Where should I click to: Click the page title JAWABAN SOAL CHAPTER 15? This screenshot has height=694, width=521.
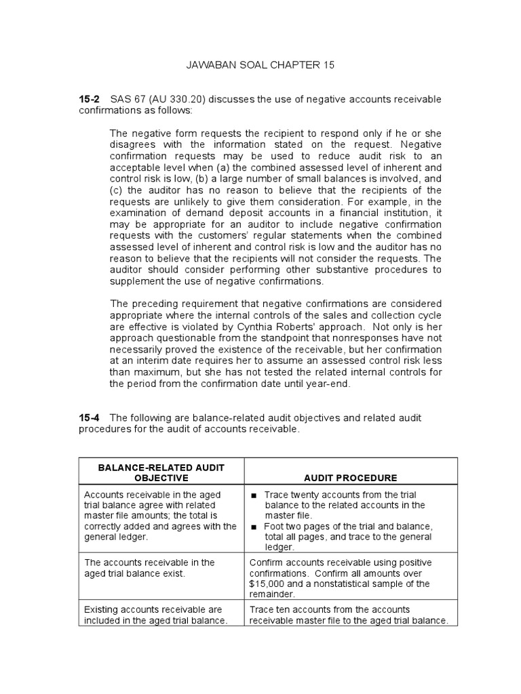[x=260, y=65]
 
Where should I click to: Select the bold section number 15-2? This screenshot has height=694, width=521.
[x=90, y=100]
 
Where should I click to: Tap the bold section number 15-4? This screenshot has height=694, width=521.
[x=90, y=418]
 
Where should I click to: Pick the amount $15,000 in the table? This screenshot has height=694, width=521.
[x=271, y=583]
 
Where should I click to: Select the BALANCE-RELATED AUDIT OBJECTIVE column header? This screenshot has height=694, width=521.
[x=161, y=472]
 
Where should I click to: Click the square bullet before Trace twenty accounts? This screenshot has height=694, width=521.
[x=254, y=495]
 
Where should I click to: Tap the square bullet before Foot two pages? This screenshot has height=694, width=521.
[x=254, y=527]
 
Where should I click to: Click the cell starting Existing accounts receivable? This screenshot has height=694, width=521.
[x=161, y=615]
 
